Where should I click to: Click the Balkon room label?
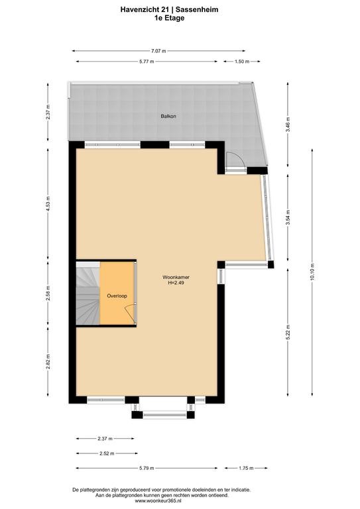pyautogui.click(x=168, y=116)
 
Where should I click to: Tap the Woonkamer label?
pyautogui.click(x=176, y=277)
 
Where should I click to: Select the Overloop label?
pyautogui.click(x=117, y=296)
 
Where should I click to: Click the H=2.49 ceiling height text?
pyautogui.click(x=176, y=283)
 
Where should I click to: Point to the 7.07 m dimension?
pyautogui.click(x=158, y=51)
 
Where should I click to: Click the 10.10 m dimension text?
pyautogui.click(x=312, y=272)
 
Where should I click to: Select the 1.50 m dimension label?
pyautogui.click(x=242, y=62)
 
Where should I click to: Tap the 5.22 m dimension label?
pyautogui.click(x=288, y=332)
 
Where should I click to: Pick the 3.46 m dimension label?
pyautogui.click(x=288, y=125)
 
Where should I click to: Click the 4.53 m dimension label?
pyautogui.click(x=48, y=204)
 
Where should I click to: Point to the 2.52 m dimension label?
pyautogui.click(x=107, y=453)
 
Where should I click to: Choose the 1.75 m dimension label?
pyautogui.click(x=246, y=468)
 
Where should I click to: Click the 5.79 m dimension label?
pyautogui.click(x=147, y=468)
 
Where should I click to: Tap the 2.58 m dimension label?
pyautogui.click(x=48, y=293)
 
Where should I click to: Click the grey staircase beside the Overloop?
pyautogui.click(x=88, y=293)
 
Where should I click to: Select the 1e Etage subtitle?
pyautogui.click(x=169, y=18)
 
